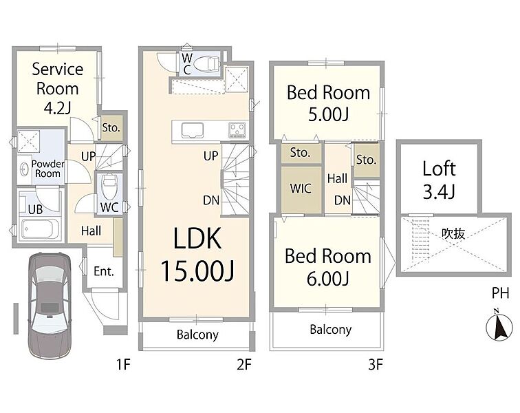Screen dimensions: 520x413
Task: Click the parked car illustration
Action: click(x=50, y=305)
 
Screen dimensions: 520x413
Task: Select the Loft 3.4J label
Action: click(x=439, y=180)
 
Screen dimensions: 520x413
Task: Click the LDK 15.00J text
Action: click(x=197, y=253)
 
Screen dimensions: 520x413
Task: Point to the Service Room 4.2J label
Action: click(x=57, y=88)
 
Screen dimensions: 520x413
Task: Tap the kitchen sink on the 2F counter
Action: click(x=192, y=129)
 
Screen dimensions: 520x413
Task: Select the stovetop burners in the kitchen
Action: click(x=237, y=130)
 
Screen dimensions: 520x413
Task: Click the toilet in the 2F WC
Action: click(x=206, y=64)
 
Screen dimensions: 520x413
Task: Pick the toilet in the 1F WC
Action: click(x=109, y=187)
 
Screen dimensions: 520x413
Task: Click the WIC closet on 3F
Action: click(x=301, y=189)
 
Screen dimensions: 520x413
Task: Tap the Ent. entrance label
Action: click(x=104, y=271)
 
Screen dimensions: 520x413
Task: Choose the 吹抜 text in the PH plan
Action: click(x=453, y=233)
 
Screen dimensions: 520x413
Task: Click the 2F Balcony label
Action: click(x=197, y=335)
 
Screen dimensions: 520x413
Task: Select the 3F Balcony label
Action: click(x=330, y=329)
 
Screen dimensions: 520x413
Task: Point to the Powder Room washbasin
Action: click(x=24, y=169)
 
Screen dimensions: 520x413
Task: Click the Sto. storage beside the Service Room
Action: click(x=111, y=127)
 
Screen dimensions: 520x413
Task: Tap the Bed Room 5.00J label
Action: click(x=328, y=103)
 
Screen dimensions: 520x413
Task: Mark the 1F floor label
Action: click(x=122, y=365)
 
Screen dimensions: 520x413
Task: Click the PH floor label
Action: click(x=500, y=293)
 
